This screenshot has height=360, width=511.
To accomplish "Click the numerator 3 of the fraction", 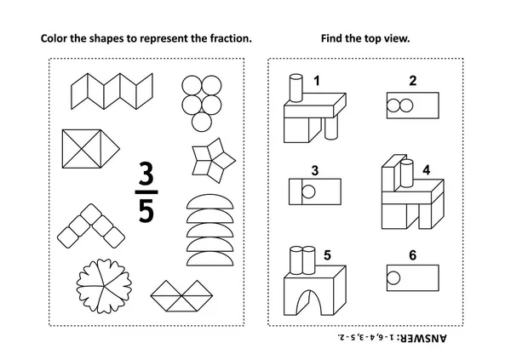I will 146,174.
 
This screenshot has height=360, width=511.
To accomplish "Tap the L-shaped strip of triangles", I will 181,294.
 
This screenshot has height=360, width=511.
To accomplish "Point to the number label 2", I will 413,82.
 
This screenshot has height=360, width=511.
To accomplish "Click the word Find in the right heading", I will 330,38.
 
